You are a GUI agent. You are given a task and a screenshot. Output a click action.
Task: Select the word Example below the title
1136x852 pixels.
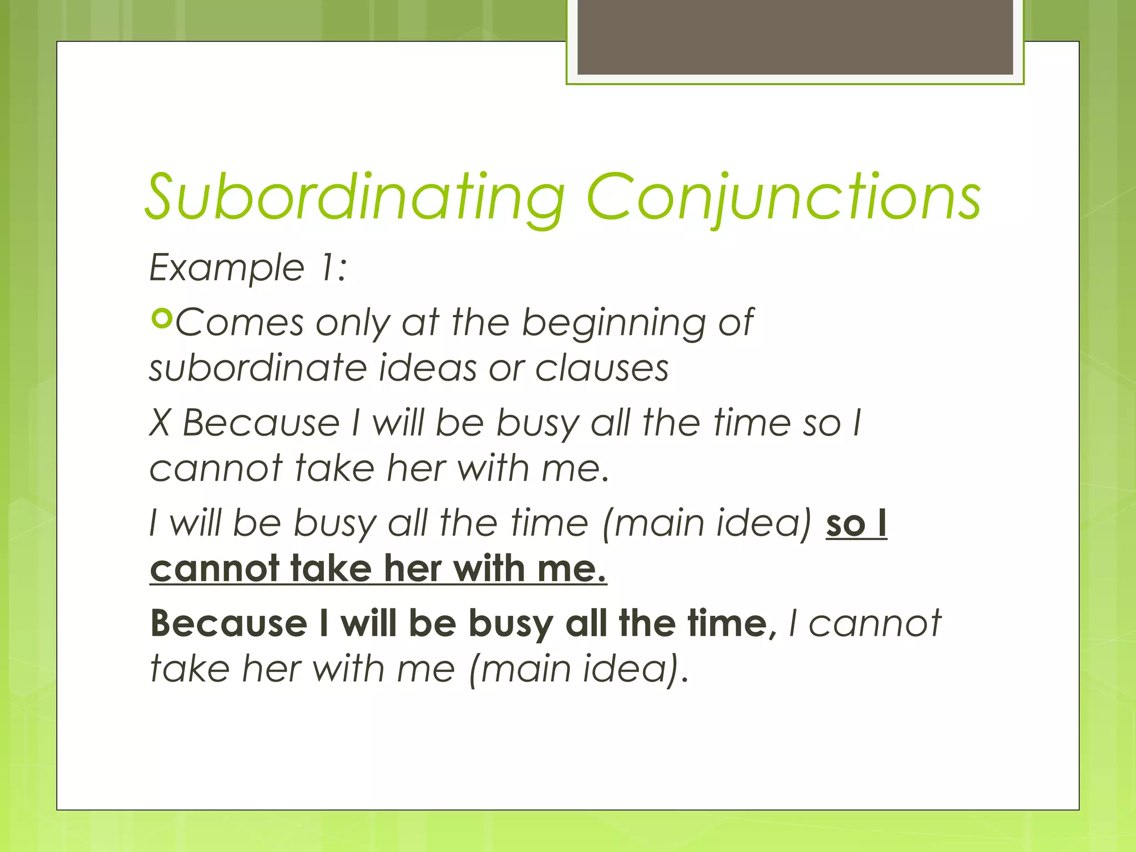(x=227, y=268)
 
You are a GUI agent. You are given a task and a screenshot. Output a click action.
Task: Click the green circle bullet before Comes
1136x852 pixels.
(x=162, y=319)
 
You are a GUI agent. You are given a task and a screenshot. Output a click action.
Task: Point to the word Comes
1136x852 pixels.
(x=240, y=323)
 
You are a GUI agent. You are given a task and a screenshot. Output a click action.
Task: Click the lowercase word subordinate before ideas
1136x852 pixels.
(x=258, y=368)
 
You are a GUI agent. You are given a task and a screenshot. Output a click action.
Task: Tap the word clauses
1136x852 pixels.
(x=602, y=368)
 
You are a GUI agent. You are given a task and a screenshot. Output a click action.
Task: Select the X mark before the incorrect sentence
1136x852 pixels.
(x=160, y=423)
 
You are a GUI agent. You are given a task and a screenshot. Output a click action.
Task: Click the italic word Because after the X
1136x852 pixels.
(x=261, y=423)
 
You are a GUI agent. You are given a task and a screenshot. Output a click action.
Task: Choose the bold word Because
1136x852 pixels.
(x=229, y=623)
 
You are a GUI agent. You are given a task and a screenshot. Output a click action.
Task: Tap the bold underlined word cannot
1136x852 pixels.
(x=214, y=569)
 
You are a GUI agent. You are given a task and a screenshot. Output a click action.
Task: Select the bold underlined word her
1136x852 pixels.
(x=413, y=569)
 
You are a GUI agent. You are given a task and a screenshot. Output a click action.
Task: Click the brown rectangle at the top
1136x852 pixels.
(x=795, y=37)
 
